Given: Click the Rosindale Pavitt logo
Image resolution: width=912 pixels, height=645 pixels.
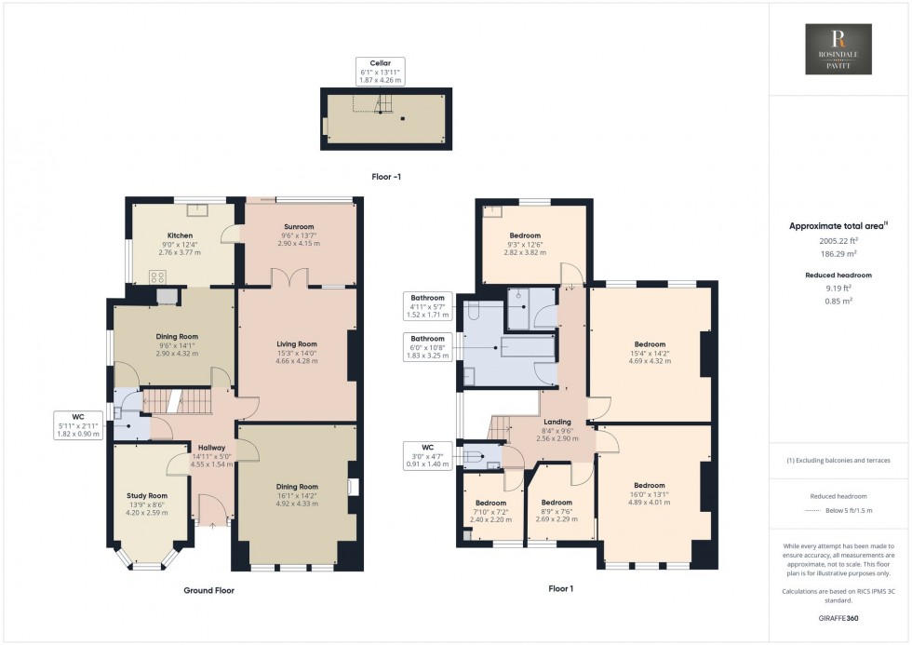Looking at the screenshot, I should point(839,49).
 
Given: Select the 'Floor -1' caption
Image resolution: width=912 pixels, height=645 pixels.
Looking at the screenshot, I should point(385,176).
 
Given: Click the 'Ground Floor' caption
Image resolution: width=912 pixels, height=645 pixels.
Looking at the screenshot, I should point(208,590).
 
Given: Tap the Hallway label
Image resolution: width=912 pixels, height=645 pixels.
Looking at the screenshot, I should point(212,448).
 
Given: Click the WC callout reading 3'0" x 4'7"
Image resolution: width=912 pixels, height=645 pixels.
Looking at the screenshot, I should point(428,456).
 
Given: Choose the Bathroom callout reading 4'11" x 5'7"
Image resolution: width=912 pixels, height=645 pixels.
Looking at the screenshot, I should point(428,304).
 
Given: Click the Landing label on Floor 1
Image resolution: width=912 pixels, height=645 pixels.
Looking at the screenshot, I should point(557,423).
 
